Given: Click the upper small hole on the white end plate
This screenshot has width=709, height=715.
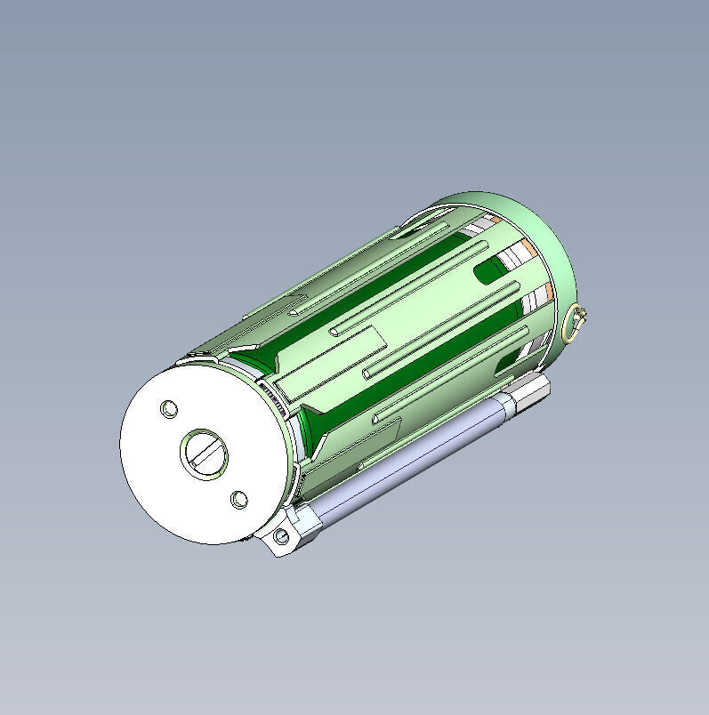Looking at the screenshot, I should pos(168,409).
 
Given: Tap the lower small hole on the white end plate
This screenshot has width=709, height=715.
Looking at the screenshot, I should pos(239,500).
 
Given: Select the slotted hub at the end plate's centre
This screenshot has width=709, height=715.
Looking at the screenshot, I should pos(205,454).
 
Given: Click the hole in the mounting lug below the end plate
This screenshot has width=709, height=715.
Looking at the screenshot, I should pos(282,536).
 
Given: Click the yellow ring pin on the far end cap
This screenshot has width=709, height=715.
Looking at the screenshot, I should pos(576,322).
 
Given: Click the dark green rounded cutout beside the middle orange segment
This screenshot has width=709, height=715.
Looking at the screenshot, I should pos(490,270).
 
